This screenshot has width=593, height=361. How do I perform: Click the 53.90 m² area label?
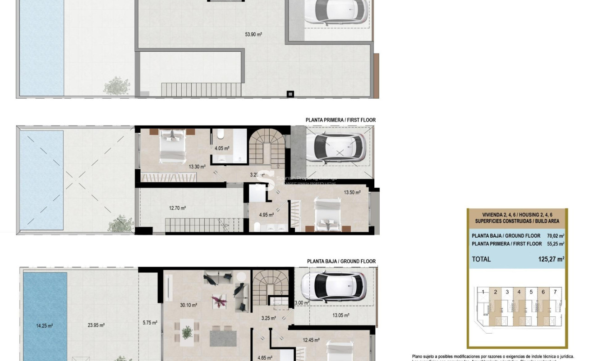point(253,34)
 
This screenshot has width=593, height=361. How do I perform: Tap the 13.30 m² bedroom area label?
point(197,167)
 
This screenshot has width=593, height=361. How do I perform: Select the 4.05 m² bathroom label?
point(221,148)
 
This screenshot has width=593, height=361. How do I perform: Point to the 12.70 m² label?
point(177,208)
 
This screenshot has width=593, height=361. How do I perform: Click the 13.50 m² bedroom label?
point(352,192)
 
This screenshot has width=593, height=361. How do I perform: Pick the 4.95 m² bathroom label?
point(266,215)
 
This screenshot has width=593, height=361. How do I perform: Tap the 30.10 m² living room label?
point(188,305)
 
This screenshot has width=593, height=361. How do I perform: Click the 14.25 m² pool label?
point(44,325)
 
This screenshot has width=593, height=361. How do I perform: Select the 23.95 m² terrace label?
point(96,325)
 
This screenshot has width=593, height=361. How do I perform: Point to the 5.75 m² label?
point(150,323)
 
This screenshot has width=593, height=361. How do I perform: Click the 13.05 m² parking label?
point(340,316)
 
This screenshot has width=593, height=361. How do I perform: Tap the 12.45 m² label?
point(311,340)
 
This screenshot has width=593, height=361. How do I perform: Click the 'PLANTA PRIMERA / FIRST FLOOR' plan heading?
point(340,120)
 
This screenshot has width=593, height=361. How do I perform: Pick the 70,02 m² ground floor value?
point(555,235)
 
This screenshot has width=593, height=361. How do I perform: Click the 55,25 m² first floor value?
point(555,244)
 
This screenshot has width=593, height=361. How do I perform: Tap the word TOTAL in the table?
point(481,259)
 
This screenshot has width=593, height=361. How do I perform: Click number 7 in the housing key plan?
point(555,292)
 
